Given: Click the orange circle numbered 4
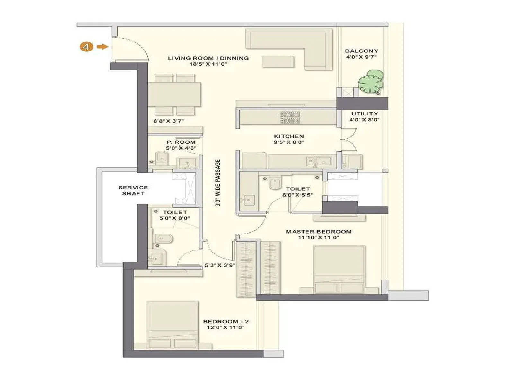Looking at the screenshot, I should [86, 47].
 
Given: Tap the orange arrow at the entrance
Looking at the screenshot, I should [102, 47].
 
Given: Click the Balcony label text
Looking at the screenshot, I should [361, 51].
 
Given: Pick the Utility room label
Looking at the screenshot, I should [365, 114].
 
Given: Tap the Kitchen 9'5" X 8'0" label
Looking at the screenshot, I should [289, 139].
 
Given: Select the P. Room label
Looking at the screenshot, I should [181, 142].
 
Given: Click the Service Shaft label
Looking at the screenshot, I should [133, 190].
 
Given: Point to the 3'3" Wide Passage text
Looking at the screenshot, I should [218, 182].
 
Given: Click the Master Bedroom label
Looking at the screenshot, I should [318, 232].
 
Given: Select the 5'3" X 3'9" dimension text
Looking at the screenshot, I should [220, 266].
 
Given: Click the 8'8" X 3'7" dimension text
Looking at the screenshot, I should [169, 121].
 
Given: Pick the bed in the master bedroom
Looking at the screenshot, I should [339, 269].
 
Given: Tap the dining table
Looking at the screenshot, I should [174, 95].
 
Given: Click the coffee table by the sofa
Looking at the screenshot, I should [278, 62].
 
